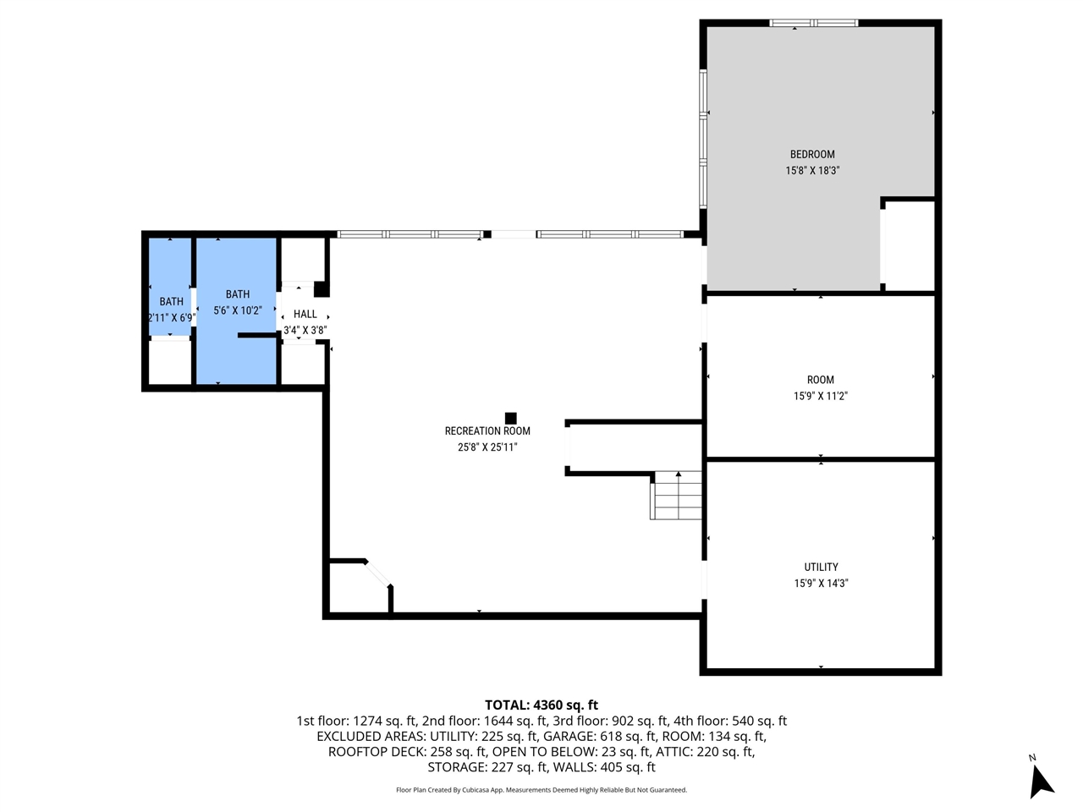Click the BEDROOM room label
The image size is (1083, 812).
(812, 154)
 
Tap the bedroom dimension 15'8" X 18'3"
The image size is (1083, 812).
(812, 170)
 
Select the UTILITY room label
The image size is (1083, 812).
(821, 567)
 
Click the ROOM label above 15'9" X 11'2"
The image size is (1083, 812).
(820, 380)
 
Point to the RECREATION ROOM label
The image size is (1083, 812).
(487, 431)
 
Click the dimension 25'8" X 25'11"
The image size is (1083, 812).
(487, 447)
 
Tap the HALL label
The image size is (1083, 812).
(305, 314)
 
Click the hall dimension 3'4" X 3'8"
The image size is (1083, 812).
(305, 330)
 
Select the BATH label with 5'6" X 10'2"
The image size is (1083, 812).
(238, 294)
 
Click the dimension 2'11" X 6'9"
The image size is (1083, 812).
(172, 318)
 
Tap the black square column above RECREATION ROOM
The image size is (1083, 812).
(511, 418)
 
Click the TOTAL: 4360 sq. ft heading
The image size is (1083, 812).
(541, 705)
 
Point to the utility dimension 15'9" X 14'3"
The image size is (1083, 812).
(821, 583)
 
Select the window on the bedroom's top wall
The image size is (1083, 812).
(813, 23)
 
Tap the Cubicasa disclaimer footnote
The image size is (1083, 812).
(541, 790)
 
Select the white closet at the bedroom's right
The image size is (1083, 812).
(909, 245)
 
